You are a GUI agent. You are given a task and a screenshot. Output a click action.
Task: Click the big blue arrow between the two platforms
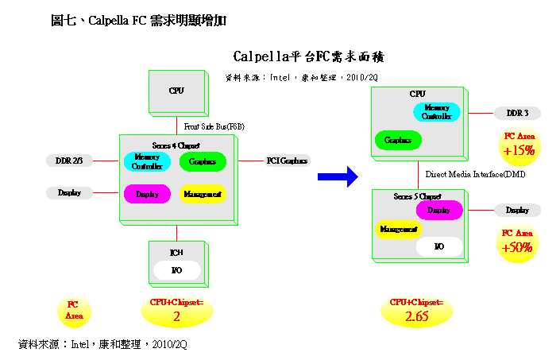[x=338, y=179]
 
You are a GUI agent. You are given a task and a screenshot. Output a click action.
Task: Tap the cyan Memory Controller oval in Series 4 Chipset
[x=147, y=161]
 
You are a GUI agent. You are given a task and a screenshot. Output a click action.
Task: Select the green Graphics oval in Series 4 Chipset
[x=203, y=161]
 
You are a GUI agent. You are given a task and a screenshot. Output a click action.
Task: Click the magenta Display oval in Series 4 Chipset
[x=147, y=194]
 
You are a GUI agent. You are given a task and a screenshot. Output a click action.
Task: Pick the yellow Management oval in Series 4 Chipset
[x=203, y=194]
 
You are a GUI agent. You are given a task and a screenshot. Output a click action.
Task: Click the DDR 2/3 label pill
[x=69, y=161]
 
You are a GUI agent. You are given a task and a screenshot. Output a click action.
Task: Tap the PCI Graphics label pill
[x=287, y=161]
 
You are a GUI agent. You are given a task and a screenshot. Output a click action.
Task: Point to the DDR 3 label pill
[x=517, y=114]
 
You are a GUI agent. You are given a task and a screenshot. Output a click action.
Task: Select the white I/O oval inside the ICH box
[x=176, y=271]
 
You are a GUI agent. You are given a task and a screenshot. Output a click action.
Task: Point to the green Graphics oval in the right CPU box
[x=397, y=141]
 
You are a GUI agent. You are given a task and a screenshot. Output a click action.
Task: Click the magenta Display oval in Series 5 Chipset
[x=438, y=211]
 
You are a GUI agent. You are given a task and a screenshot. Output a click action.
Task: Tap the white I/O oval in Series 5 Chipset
[x=438, y=247]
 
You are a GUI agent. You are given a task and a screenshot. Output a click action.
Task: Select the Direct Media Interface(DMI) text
[x=476, y=173]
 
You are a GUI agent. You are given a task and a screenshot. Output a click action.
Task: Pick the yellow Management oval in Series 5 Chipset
[x=399, y=229]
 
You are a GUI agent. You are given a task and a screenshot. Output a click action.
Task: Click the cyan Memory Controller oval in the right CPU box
[x=437, y=112]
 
